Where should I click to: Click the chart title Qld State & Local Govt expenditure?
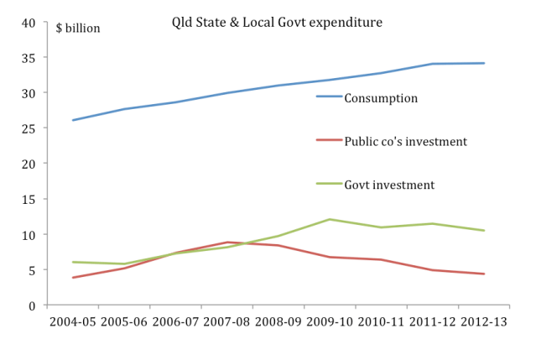click(272, 23)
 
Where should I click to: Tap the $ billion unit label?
click(78, 28)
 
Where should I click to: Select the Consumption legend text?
click(381, 98)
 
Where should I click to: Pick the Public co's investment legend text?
click(405, 141)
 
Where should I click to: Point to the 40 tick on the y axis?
click(29, 22)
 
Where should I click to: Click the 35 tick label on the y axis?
click(29, 58)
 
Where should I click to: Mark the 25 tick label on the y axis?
click(29, 128)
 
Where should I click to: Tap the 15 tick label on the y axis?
click(29, 200)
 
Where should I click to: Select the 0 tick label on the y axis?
click(32, 305)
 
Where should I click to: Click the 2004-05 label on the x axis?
click(74, 323)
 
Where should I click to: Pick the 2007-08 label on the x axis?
click(227, 323)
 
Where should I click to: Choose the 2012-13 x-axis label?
click(484, 323)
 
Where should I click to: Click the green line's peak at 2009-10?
click(330, 219)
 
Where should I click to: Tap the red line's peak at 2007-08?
click(227, 242)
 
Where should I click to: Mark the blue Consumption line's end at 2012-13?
click(484, 63)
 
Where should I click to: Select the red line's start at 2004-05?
click(74, 277)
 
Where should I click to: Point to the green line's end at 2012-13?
click(484, 230)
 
